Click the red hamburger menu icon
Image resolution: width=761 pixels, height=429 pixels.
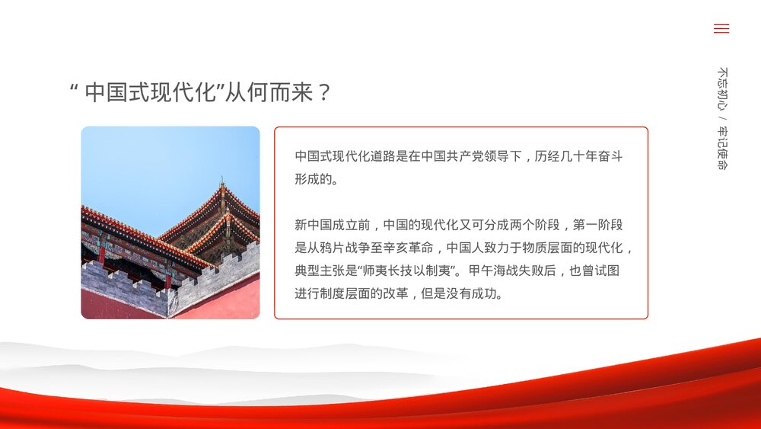coord(721,29)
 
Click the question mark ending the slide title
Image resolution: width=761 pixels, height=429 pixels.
coord(323,93)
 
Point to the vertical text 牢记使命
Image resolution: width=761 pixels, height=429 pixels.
coord(722,148)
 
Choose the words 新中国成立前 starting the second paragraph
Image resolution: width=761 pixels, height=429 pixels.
coord(332,225)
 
